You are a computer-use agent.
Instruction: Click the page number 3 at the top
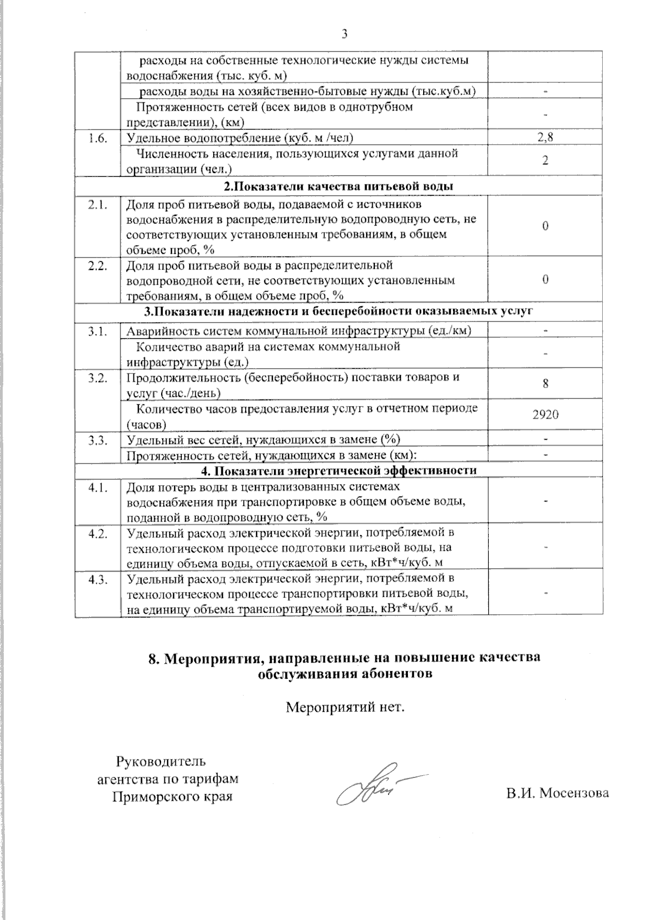(344, 34)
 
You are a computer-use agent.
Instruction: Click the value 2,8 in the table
(545, 138)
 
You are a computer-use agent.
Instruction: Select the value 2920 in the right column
(545, 415)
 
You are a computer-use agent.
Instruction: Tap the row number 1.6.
(98, 138)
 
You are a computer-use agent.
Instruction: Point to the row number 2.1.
(98, 205)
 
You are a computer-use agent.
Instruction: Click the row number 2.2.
(98, 266)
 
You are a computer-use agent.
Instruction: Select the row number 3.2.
(98, 377)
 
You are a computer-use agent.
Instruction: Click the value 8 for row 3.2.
(545, 384)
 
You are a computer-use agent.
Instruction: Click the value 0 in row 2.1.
(545, 226)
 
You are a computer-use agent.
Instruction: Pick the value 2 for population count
(545, 161)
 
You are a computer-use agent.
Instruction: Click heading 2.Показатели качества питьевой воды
(339, 186)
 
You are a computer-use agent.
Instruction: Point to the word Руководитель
(161, 761)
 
